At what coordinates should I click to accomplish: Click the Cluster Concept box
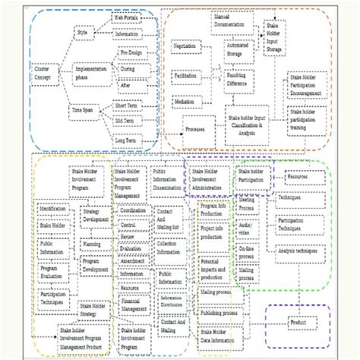point(43,73)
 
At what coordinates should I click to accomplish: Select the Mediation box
point(183,101)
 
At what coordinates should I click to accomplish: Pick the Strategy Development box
point(96,216)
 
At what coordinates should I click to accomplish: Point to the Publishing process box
point(220,312)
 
